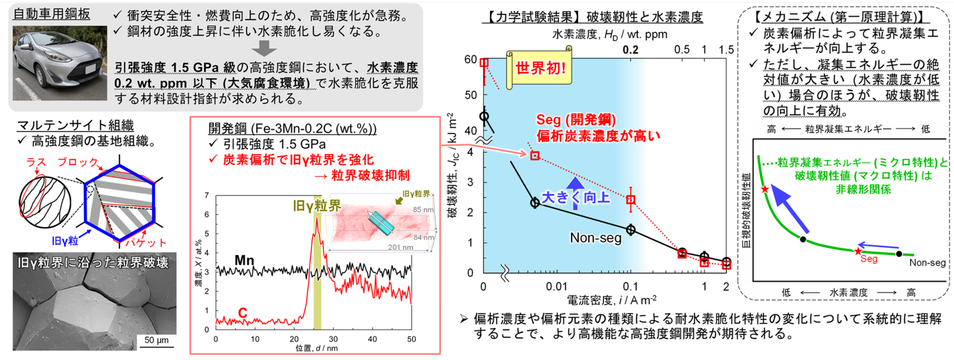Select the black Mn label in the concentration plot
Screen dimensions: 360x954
[245, 260]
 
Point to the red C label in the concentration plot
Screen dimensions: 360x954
[242, 312]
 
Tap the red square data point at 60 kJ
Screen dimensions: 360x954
[484, 62]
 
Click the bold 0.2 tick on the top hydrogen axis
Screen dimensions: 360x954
[630, 50]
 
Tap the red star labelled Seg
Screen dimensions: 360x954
[859, 251]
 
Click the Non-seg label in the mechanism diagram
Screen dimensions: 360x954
[925, 262]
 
